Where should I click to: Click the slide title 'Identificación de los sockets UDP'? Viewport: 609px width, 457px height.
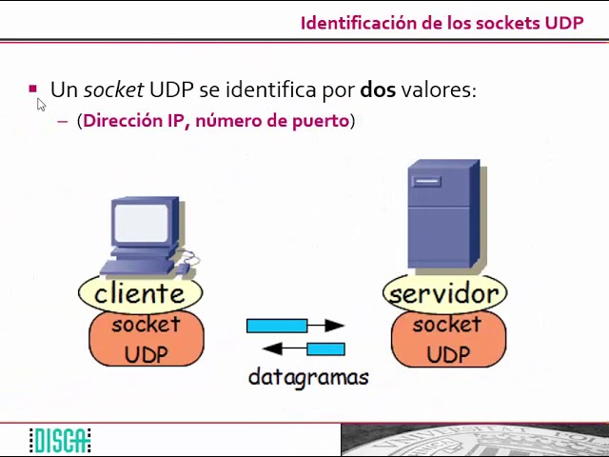pyautogui.click(x=442, y=23)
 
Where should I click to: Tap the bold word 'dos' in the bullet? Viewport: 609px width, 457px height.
pyautogui.click(x=378, y=89)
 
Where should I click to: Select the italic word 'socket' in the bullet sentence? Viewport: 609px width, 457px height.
pyautogui.click(x=113, y=89)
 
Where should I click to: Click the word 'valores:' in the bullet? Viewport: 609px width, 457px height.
pyautogui.click(x=438, y=89)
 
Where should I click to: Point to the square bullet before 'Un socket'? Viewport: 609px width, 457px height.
pyautogui.click(x=33, y=89)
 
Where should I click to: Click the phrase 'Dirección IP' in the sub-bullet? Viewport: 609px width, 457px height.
pyautogui.click(x=136, y=121)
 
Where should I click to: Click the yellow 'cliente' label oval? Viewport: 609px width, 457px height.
pyautogui.click(x=140, y=293)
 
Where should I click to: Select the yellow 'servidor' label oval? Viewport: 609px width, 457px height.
pyautogui.click(x=444, y=293)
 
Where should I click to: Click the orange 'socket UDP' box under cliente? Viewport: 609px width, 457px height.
pyautogui.click(x=146, y=340)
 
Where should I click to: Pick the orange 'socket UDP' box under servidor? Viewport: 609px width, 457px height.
pyautogui.click(x=448, y=340)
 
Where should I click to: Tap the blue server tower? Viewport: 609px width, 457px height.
pyautogui.click(x=443, y=215)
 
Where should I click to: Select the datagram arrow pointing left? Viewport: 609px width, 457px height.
pyautogui.click(x=303, y=349)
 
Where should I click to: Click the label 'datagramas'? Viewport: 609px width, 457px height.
pyautogui.click(x=307, y=377)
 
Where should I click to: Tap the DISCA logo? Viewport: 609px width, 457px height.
pyautogui.click(x=59, y=441)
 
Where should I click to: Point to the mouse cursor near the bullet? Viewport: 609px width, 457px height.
pyautogui.click(x=41, y=104)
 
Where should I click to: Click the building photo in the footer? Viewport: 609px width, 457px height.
pyautogui.click(x=474, y=441)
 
